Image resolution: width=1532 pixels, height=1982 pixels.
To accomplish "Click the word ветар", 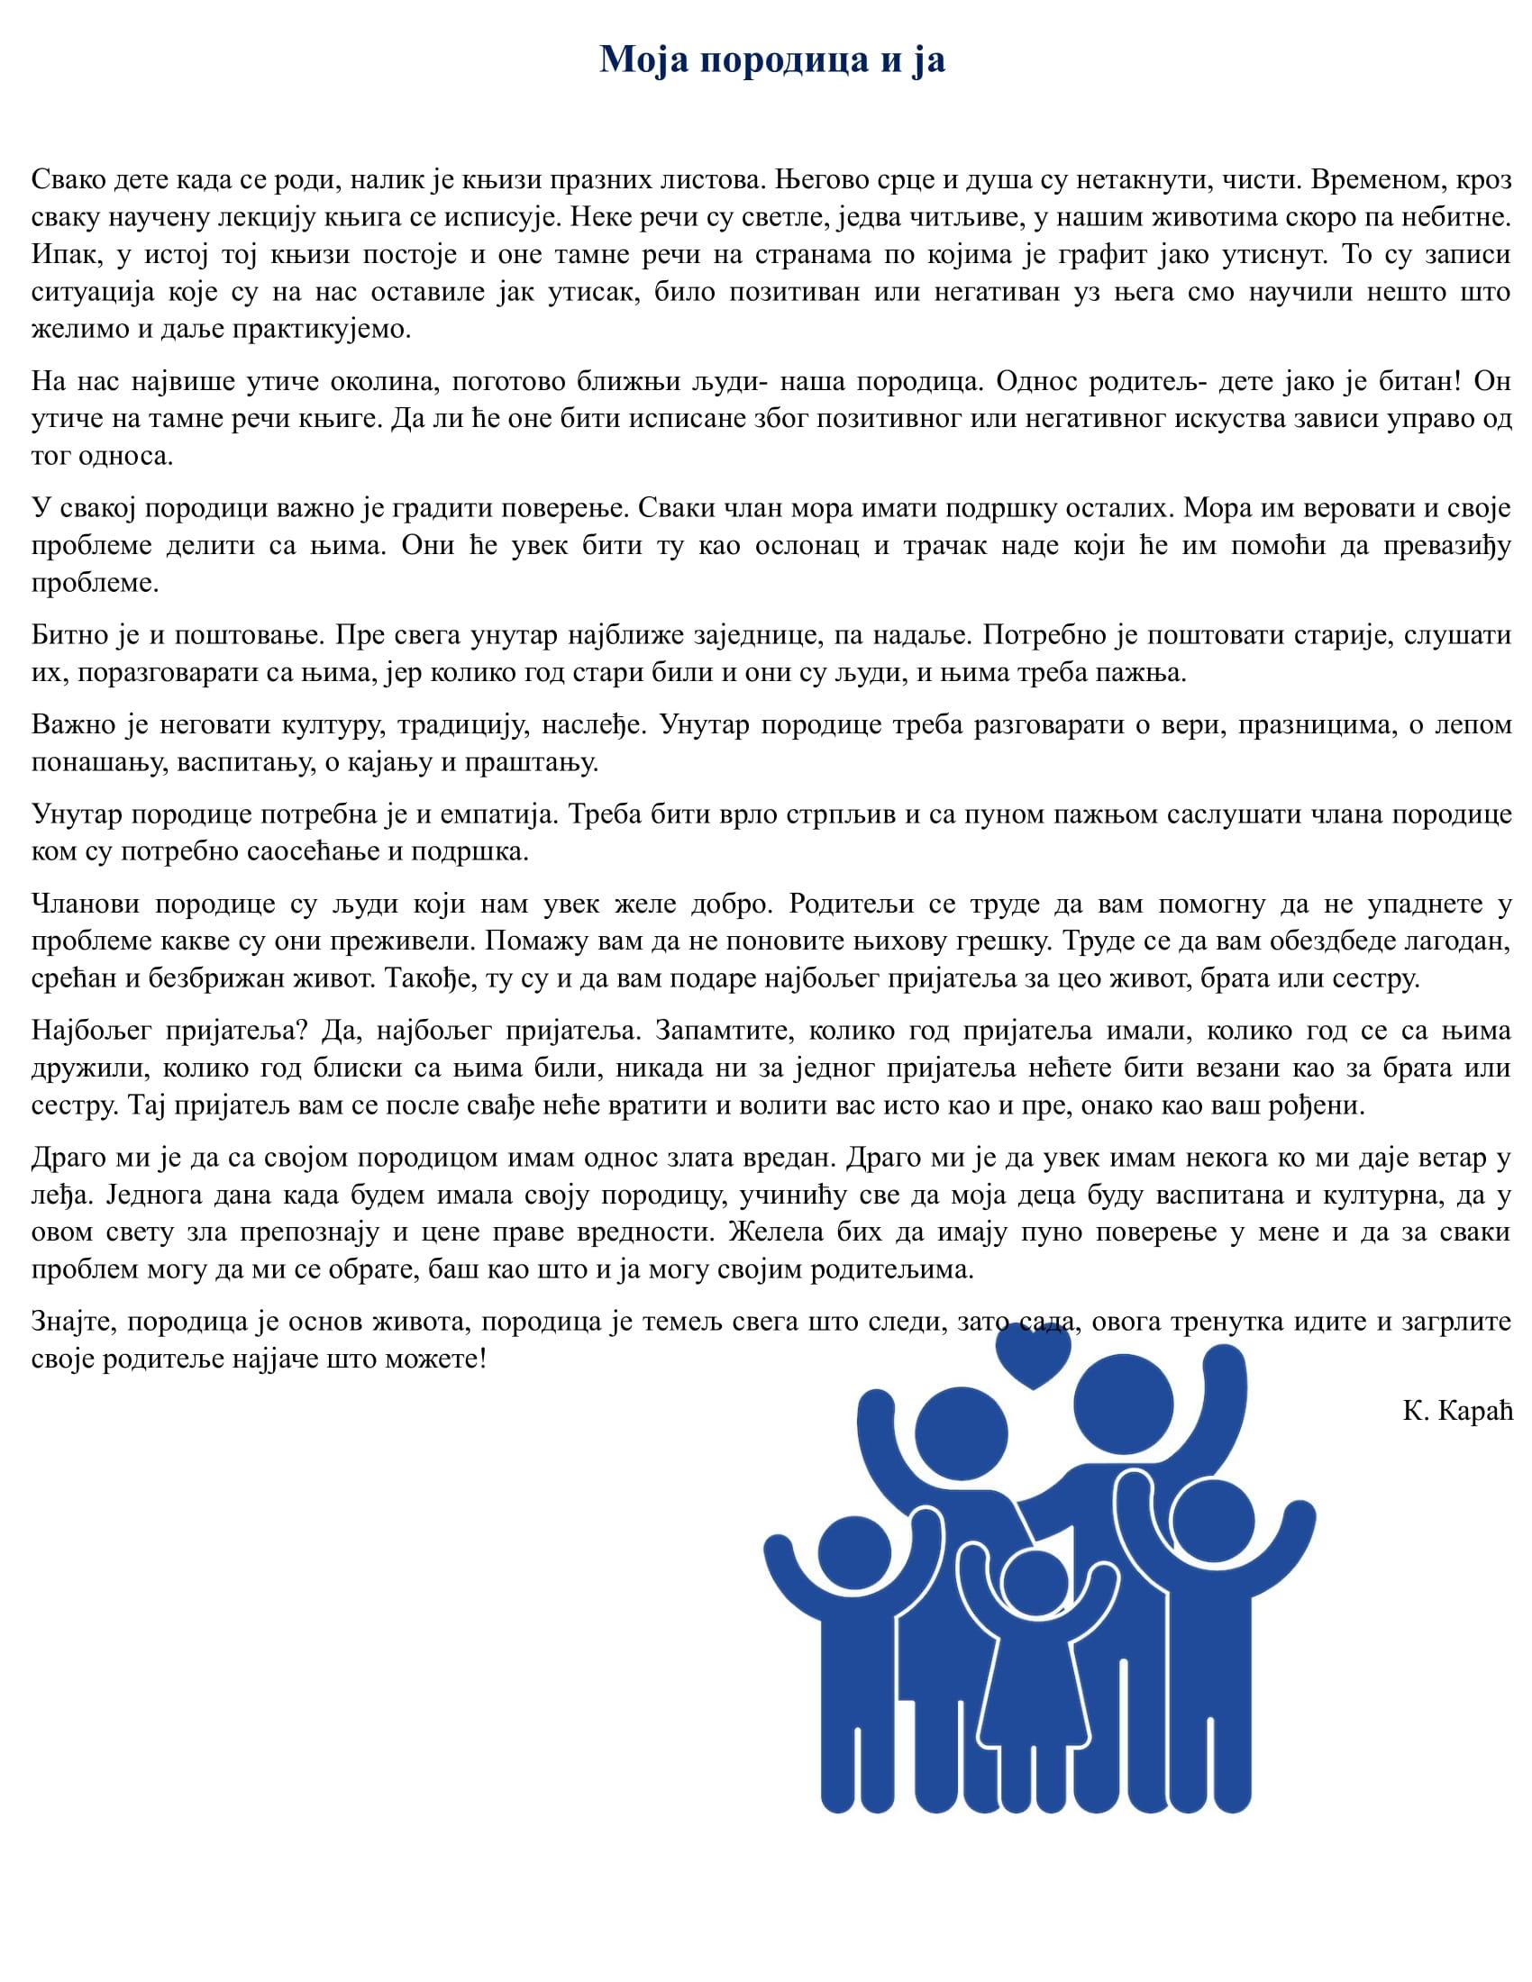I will point(1437,1157).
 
